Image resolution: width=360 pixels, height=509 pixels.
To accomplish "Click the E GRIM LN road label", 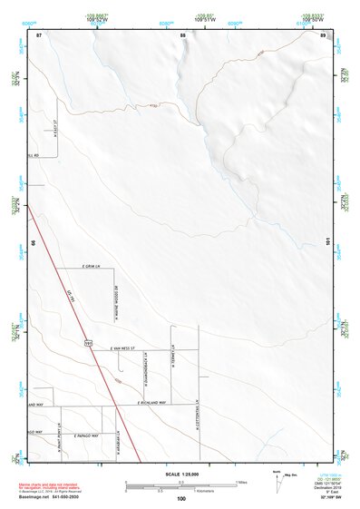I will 89,267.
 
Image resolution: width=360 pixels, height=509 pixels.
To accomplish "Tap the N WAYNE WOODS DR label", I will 116,304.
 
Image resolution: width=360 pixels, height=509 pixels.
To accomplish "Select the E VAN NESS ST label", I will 122,347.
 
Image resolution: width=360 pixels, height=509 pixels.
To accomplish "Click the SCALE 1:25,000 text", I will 181,475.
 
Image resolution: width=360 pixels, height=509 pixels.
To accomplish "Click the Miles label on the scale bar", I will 241,482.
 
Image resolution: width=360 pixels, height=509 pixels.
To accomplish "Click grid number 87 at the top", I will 40,34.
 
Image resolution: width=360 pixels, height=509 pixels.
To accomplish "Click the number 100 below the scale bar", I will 181,499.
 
